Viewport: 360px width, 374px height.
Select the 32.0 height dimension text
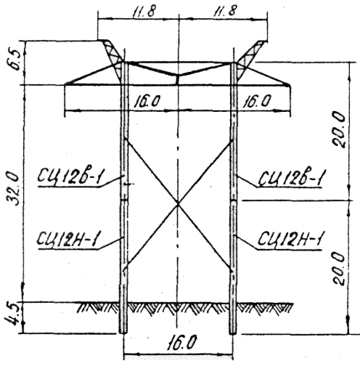point(13,189)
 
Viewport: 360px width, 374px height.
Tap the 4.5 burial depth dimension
point(12,316)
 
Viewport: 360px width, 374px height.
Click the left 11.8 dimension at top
point(143,11)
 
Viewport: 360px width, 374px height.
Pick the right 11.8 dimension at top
point(224,11)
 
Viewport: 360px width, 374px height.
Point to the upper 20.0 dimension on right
point(339,129)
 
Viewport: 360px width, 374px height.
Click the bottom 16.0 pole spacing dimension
point(181,342)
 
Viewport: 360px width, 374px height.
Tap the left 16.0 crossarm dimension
point(147,101)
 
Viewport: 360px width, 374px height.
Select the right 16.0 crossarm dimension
point(256,101)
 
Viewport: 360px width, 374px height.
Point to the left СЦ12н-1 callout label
point(69,238)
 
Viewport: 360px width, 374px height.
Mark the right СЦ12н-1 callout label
point(290,239)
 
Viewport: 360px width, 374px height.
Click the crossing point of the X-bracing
point(179,204)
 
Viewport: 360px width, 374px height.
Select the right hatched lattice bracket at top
point(249,57)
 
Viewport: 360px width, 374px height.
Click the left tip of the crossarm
point(65,84)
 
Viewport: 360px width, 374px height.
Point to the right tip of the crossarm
point(290,85)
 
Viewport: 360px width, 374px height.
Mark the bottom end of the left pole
point(123,333)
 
